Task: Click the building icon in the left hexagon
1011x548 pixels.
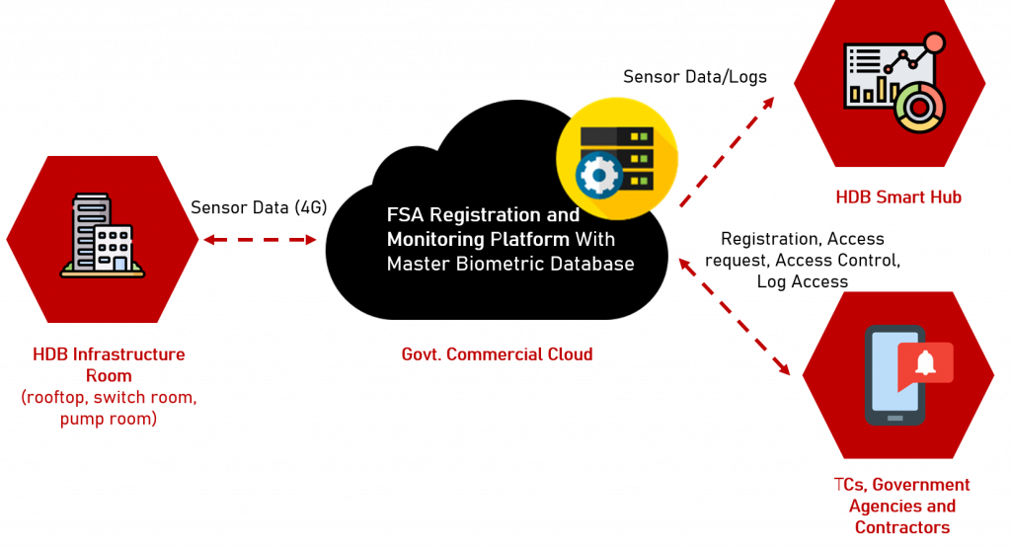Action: coord(103,236)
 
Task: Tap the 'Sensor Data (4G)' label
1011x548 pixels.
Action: coord(259,207)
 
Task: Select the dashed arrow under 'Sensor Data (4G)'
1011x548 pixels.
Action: coord(260,240)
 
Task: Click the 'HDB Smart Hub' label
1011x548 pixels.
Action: coord(898,197)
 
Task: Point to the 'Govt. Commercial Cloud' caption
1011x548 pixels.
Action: coord(498,354)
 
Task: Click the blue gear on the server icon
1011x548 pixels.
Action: coord(599,175)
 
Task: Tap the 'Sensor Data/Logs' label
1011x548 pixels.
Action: coord(694,77)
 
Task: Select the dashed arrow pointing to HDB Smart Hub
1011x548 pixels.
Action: coord(728,151)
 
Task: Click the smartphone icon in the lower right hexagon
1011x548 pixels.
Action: coord(894,375)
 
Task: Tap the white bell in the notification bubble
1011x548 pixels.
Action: coord(926,363)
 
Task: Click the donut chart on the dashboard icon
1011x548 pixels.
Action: coord(919,107)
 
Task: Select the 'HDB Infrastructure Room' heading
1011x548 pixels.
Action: coord(109,365)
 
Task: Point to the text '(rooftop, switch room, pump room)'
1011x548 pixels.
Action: coord(109,408)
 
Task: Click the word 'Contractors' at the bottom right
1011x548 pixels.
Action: coord(902,527)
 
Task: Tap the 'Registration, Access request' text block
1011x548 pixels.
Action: coord(803,261)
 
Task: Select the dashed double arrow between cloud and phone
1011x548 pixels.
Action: coord(735,316)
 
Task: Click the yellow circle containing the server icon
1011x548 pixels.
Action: coord(617,159)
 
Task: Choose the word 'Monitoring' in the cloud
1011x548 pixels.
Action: coord(435,240)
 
